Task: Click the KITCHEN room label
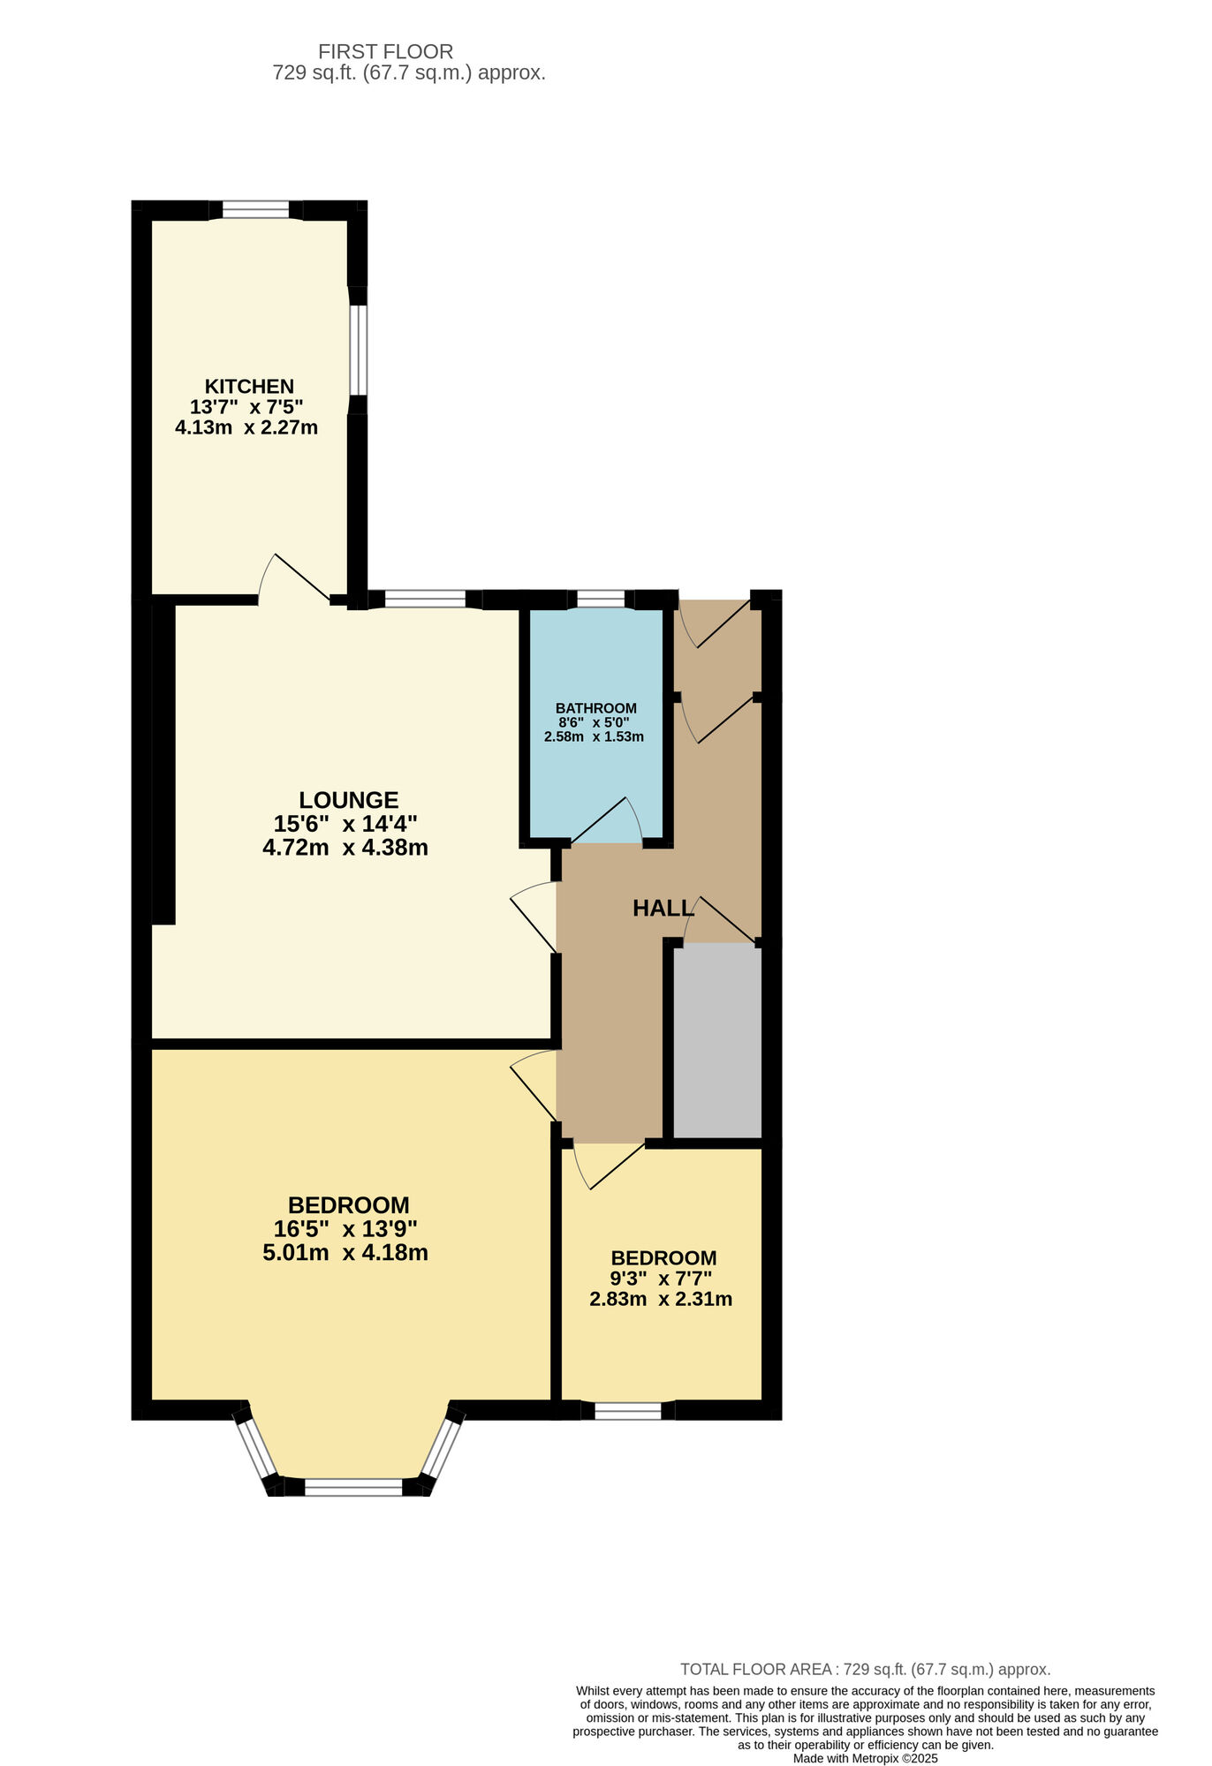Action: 249,386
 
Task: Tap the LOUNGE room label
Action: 348,800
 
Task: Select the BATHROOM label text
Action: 595,708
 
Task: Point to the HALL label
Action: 663,908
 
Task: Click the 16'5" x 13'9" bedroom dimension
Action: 345,1228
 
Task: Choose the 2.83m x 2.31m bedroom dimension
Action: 661,1299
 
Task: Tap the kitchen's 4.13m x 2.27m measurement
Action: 246,428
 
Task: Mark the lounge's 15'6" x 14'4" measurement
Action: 345,824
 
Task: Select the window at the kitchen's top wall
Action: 255,210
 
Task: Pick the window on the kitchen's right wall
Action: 358,350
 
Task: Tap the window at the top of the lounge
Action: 425,600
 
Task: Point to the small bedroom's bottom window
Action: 627,1411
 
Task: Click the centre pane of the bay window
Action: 353,1488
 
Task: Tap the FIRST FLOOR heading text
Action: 385,52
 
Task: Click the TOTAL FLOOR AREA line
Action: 865,1670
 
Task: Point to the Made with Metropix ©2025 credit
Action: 865,1758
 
